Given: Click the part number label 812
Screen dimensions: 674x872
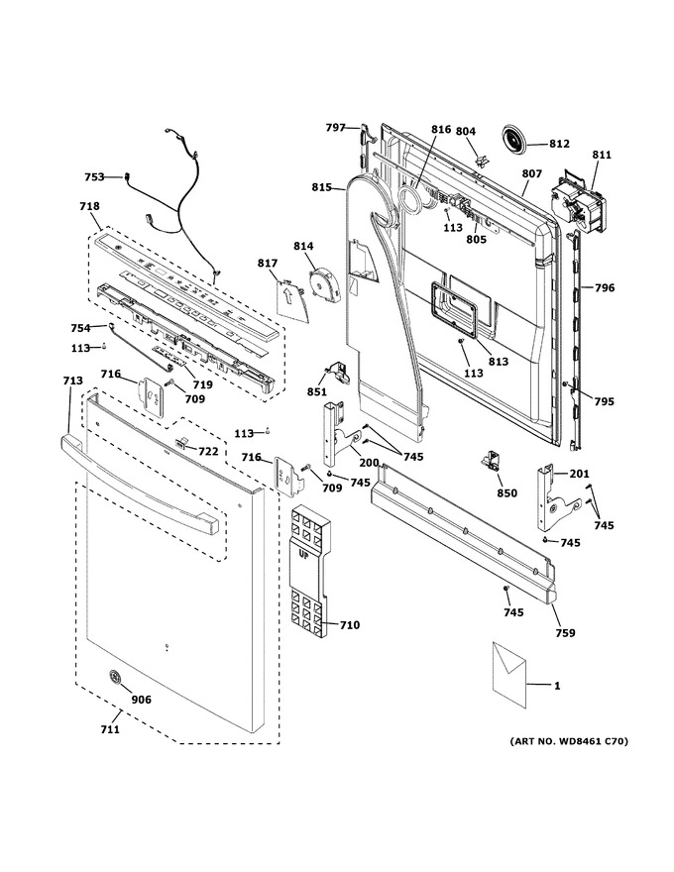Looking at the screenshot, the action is [x=559, y=144].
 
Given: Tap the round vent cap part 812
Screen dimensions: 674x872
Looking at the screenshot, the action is [x=515, y=139].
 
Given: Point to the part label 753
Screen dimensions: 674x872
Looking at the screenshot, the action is [x=94, y=176].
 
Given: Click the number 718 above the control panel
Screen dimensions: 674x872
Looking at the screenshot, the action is [x=89, y=206].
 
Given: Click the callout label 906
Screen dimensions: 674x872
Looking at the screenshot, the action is [x=141, y=700].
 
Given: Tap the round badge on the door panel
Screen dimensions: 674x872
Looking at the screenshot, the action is [x=115, y=676].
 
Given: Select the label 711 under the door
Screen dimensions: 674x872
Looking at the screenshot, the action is [x=110, y=729].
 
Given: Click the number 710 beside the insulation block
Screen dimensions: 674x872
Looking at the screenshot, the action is [x=350, y=625].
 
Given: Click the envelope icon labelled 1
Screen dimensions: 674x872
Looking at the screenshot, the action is [x=508, y=675].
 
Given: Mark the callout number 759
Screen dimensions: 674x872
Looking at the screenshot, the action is [x=565, y=633].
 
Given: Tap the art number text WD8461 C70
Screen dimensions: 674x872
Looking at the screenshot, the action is [x=591, y=741].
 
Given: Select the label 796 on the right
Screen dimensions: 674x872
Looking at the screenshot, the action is [x=605, y=287].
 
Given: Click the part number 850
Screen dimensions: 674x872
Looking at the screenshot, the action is [x=506, y=492].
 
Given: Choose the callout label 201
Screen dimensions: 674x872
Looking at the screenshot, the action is [x=579, y=474].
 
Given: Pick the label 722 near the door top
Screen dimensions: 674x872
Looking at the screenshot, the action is [x=208, y=452].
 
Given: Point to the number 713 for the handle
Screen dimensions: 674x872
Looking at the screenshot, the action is [x=72, y=381].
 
